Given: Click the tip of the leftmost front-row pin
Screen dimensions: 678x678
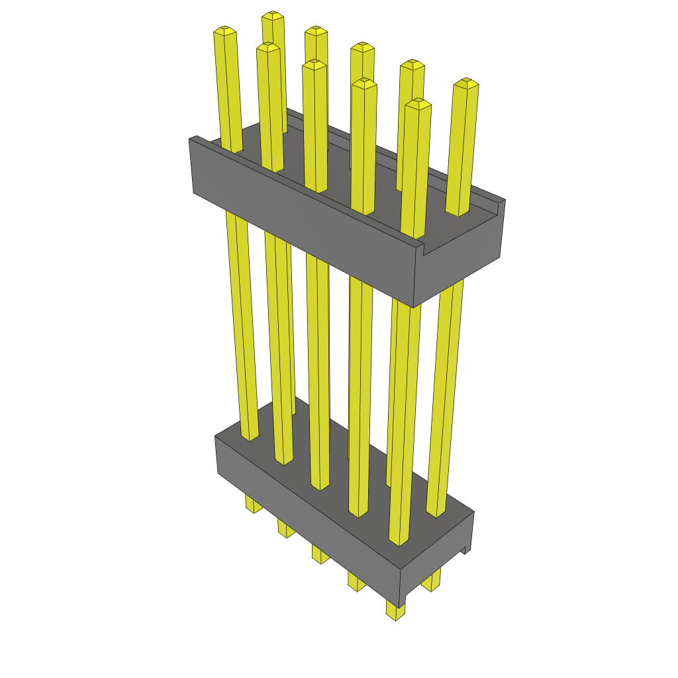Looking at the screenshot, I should pyautogui.click(x=225, y=31).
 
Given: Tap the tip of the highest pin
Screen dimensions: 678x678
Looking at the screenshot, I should pyautogui.click(x=272, y=15).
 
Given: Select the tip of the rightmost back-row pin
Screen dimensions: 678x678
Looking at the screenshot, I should pyautogui.click(x=466, y=83).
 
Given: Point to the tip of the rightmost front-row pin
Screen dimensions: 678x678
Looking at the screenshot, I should pyautogui.click(x=418, y=103).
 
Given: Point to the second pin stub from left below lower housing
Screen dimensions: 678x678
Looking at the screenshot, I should pyautogui.click(x=285, y=529).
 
